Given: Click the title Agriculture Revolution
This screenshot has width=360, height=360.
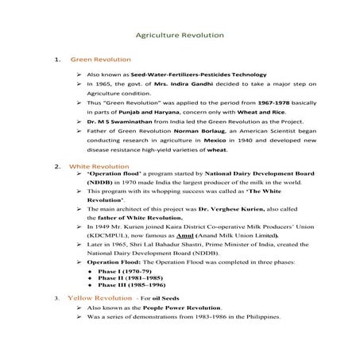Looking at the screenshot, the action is (x=180, y=36).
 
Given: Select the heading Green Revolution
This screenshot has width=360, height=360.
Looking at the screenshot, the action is (x=101, y=60).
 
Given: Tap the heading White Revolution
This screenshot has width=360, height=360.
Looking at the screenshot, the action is (x=100, y=167).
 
